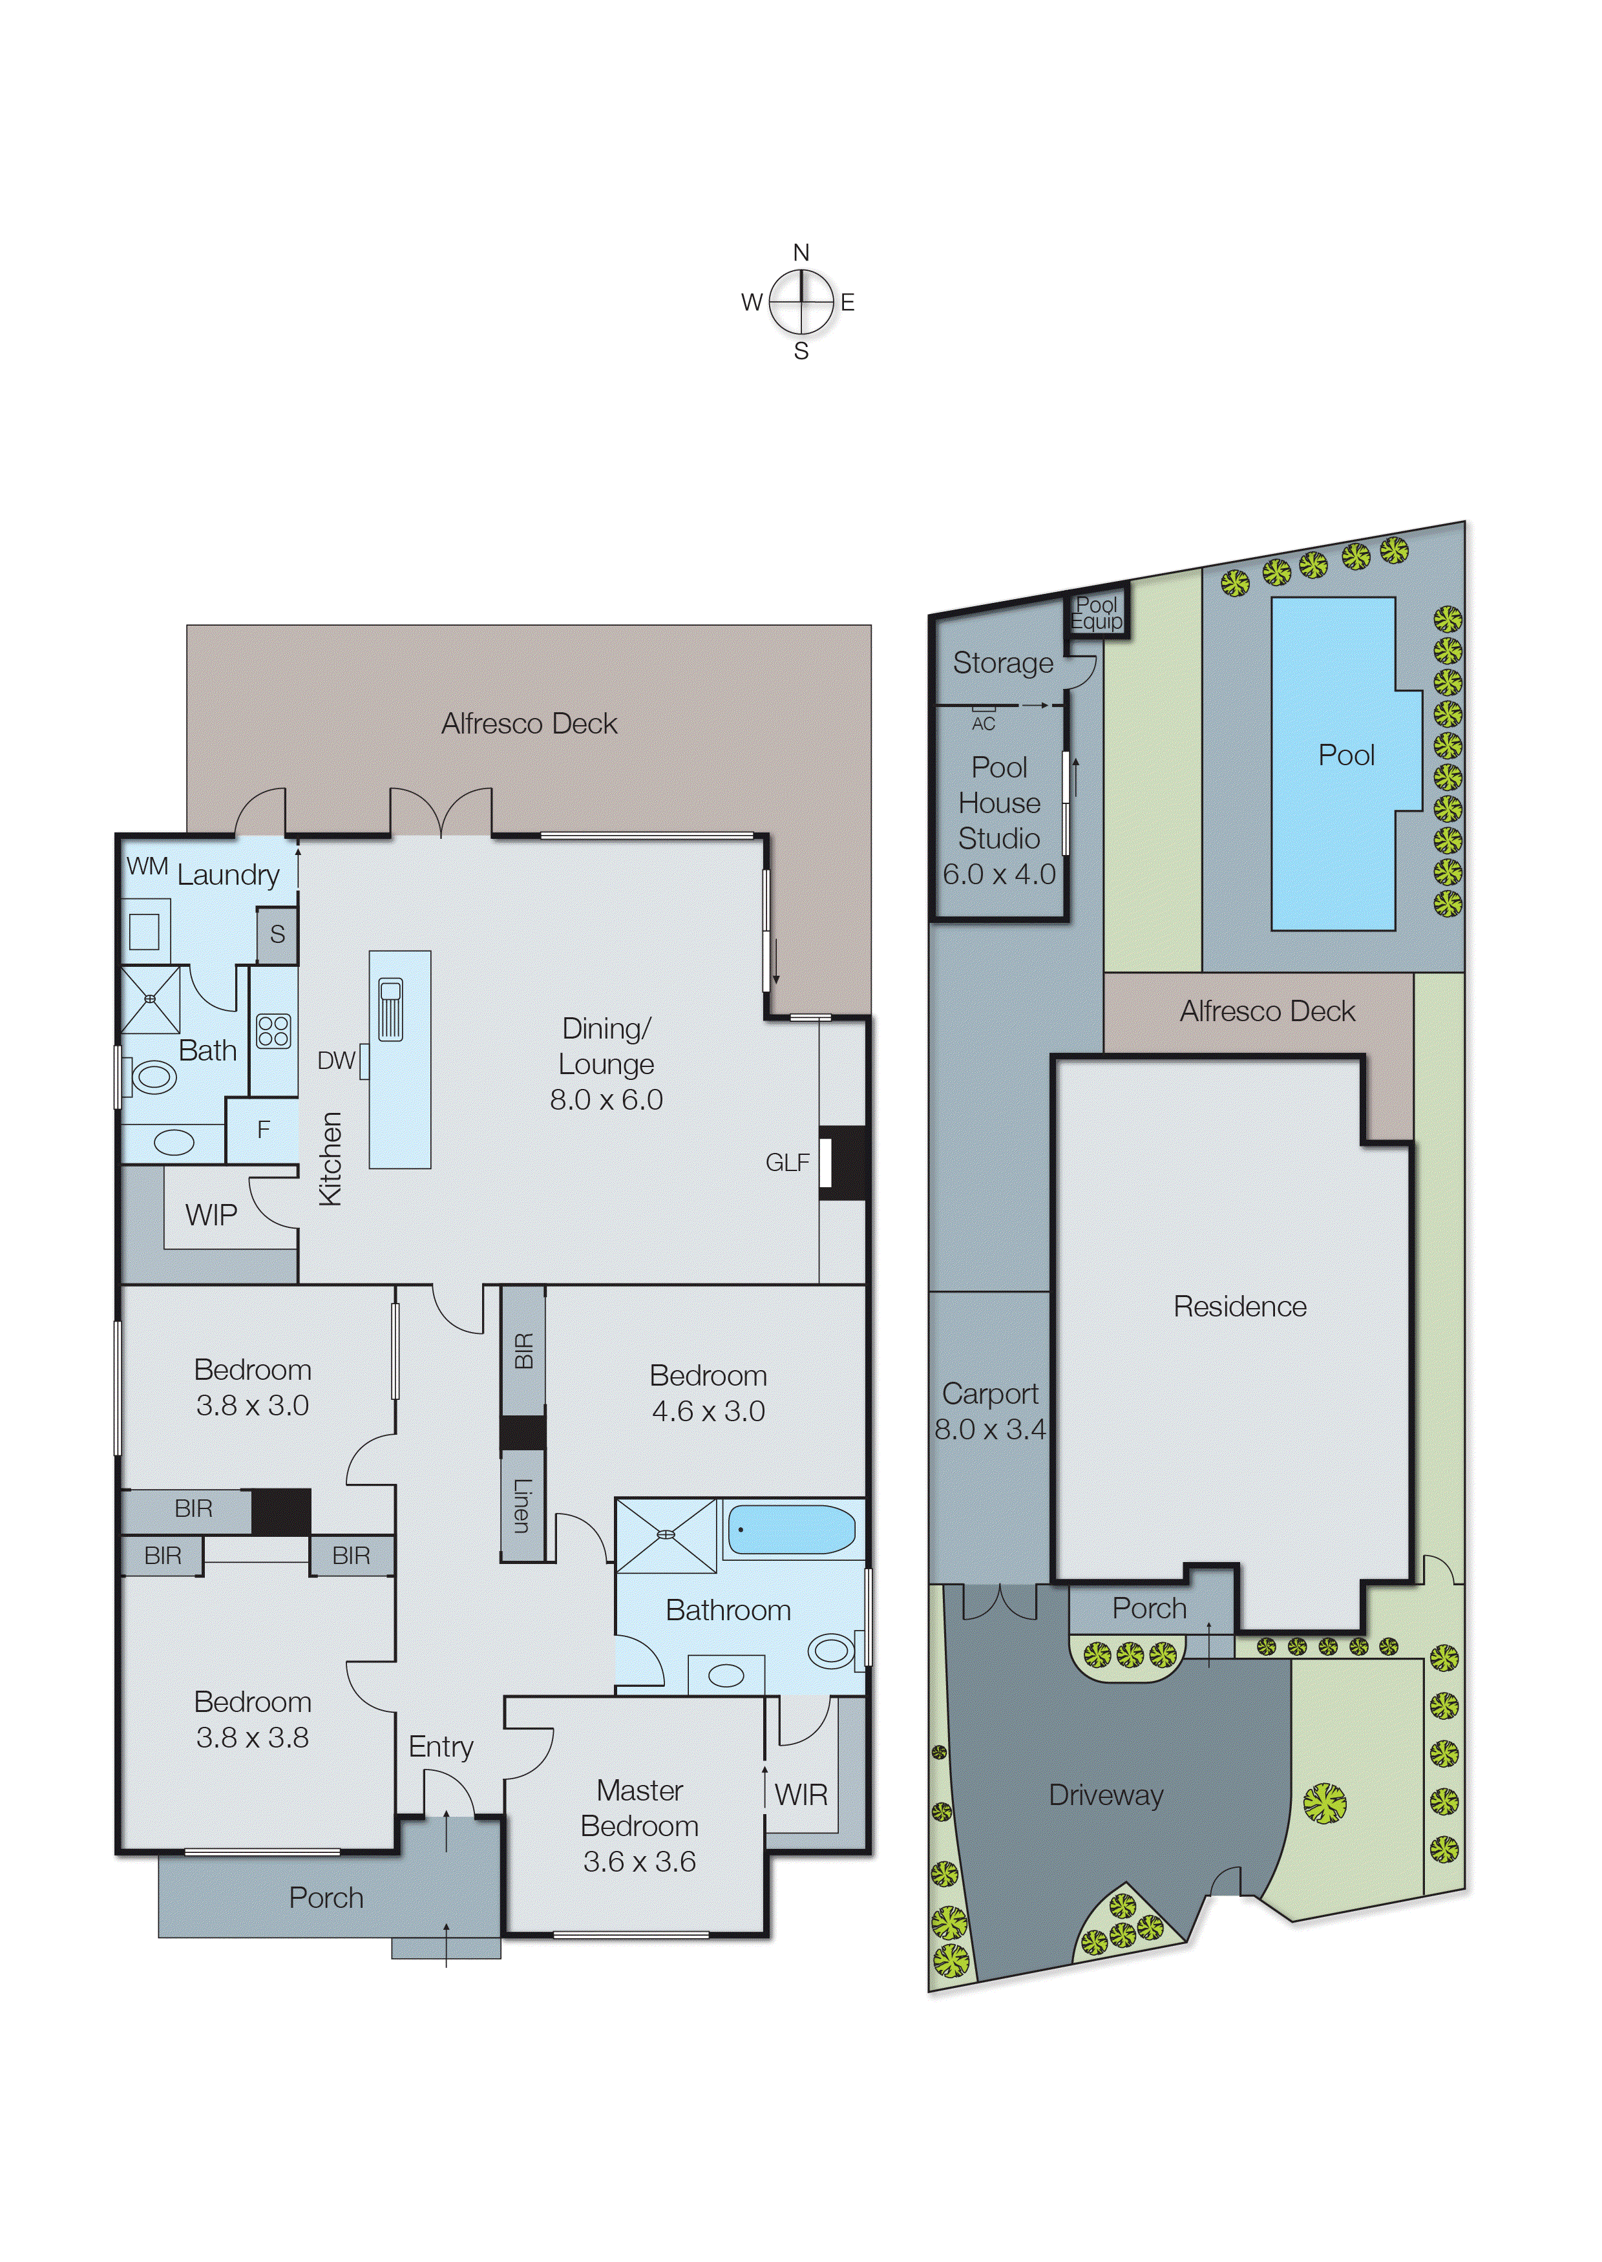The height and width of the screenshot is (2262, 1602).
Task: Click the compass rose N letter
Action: tap(801, 253)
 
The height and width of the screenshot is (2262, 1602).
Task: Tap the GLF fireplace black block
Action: tap(843, 1164)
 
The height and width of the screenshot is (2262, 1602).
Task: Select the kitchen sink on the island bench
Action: tap(390, 1008)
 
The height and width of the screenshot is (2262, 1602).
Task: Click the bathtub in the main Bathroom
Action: tap(791, 1530)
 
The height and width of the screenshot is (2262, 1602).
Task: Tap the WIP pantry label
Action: tap(211, 1216)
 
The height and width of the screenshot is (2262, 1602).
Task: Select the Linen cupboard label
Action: tap(522, 1505)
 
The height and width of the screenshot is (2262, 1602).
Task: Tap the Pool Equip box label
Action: tap(1097, 613)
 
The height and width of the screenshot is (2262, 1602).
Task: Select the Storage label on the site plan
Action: tap(1002, 663)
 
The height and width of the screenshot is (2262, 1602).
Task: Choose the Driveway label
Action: tap(1106, 1795)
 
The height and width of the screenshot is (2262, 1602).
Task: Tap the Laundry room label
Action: tap(228, 875)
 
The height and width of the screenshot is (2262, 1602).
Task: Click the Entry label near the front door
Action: tap(441, 1747)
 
